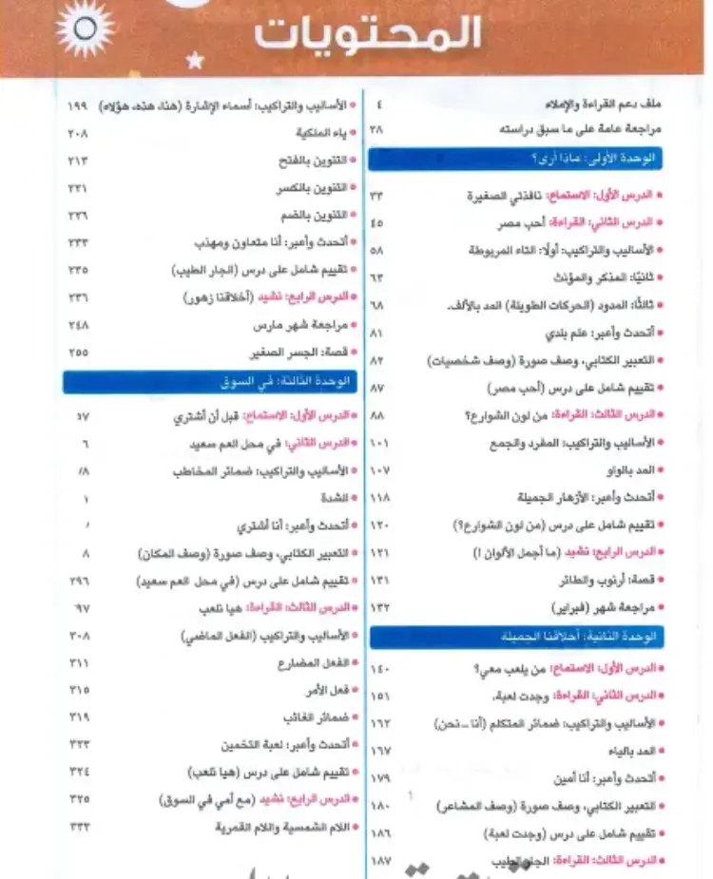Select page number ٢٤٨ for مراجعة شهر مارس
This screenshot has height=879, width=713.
tap(79, 324)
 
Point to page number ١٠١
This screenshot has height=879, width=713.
tap(379, 443)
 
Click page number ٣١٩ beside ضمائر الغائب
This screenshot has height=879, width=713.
tap(79, 717)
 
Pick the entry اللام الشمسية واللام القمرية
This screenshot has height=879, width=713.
tap(270, 826)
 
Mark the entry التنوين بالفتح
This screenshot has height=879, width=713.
tap(315, 161)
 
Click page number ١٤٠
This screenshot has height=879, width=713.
tap(379, 669)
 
